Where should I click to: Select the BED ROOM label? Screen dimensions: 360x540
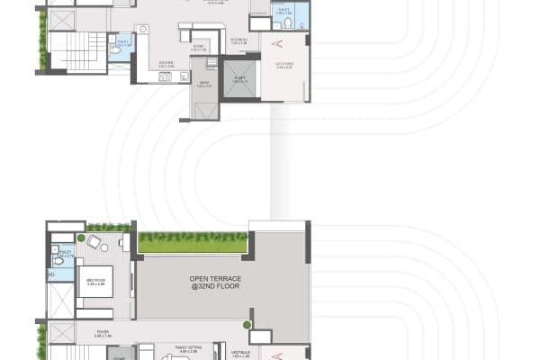pyautogui.click(x=94, y=281)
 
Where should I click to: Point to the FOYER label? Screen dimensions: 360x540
pyautogui.click(x=104, y=330)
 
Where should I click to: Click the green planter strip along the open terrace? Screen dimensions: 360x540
pyautogui.click(x=193, y=242)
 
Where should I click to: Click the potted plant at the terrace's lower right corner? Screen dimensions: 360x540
pyautogui.click(x=247, y=324)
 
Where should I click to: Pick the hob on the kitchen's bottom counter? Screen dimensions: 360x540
pyautogui.click(x=166, y=77)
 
